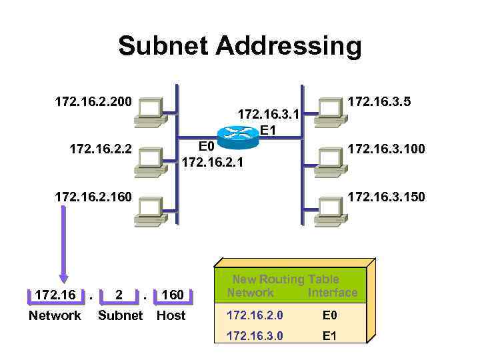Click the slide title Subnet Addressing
tap(240, 47)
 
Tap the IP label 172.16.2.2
tap(101, 149)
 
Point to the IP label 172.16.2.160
tap(93, 197)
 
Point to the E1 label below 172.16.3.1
tap(268, 130)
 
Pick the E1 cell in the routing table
tap(329, 335)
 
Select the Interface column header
tap(333, 293)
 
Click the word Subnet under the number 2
tap(120, 315)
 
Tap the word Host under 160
tap(171, 315)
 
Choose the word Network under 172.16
tap(55, 315)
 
